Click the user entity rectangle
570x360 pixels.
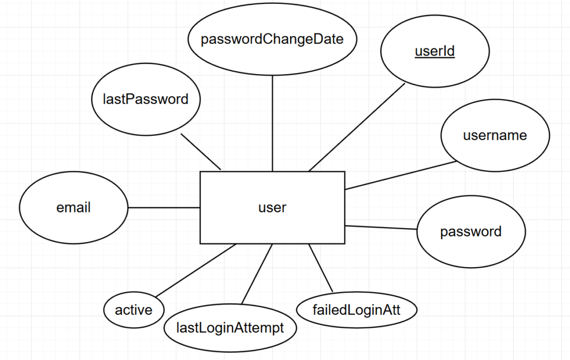tap(272, 208)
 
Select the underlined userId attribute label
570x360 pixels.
tap(435, 51)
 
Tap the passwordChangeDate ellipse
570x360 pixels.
tap(272, 39)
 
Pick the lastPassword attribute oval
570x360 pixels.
tap(145, 99)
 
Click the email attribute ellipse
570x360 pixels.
tap(73, 208)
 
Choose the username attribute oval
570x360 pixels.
tap(495, 135)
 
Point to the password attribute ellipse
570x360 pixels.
tap(471, 231)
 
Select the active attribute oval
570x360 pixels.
tap(134, 310)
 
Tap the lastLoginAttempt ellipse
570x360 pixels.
tap(230, 328)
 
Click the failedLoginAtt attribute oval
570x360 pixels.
tap(357, 310)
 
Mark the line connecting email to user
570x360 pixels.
tap(164, 208)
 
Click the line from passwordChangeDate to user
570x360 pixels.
tap(272, 123)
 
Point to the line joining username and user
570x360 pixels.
tap(401, 175)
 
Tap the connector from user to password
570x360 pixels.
tap(381, 228)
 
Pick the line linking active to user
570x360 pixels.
tap(195, 270)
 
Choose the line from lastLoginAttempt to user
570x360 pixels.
tap(257, 274)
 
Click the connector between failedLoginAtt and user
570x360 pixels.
tap(321, 268)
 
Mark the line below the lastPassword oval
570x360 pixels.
tap(201, 152)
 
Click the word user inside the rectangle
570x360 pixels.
tap(272, 208)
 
